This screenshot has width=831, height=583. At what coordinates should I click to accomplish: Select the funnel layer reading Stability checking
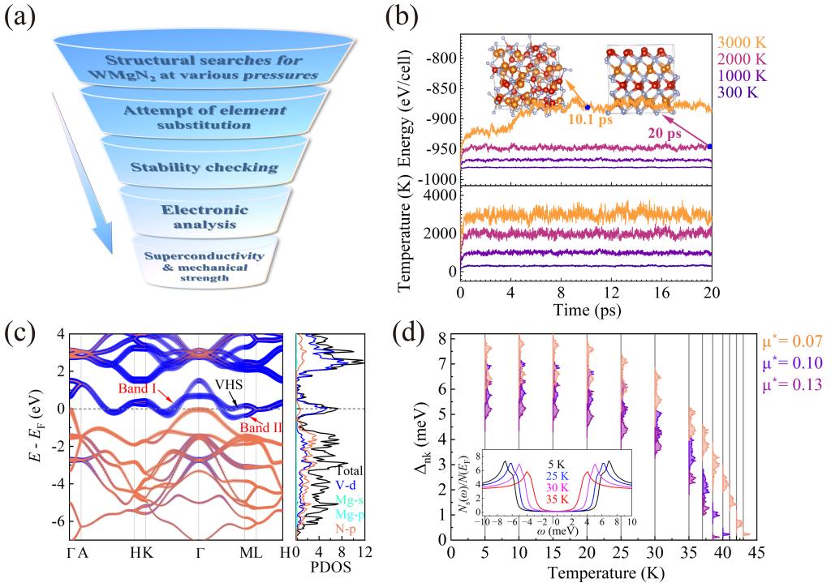(x=205, y=168)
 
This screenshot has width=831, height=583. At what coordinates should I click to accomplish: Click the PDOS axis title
(x=330, y=571)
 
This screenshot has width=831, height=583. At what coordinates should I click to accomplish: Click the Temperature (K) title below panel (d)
(x=603, y=572)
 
